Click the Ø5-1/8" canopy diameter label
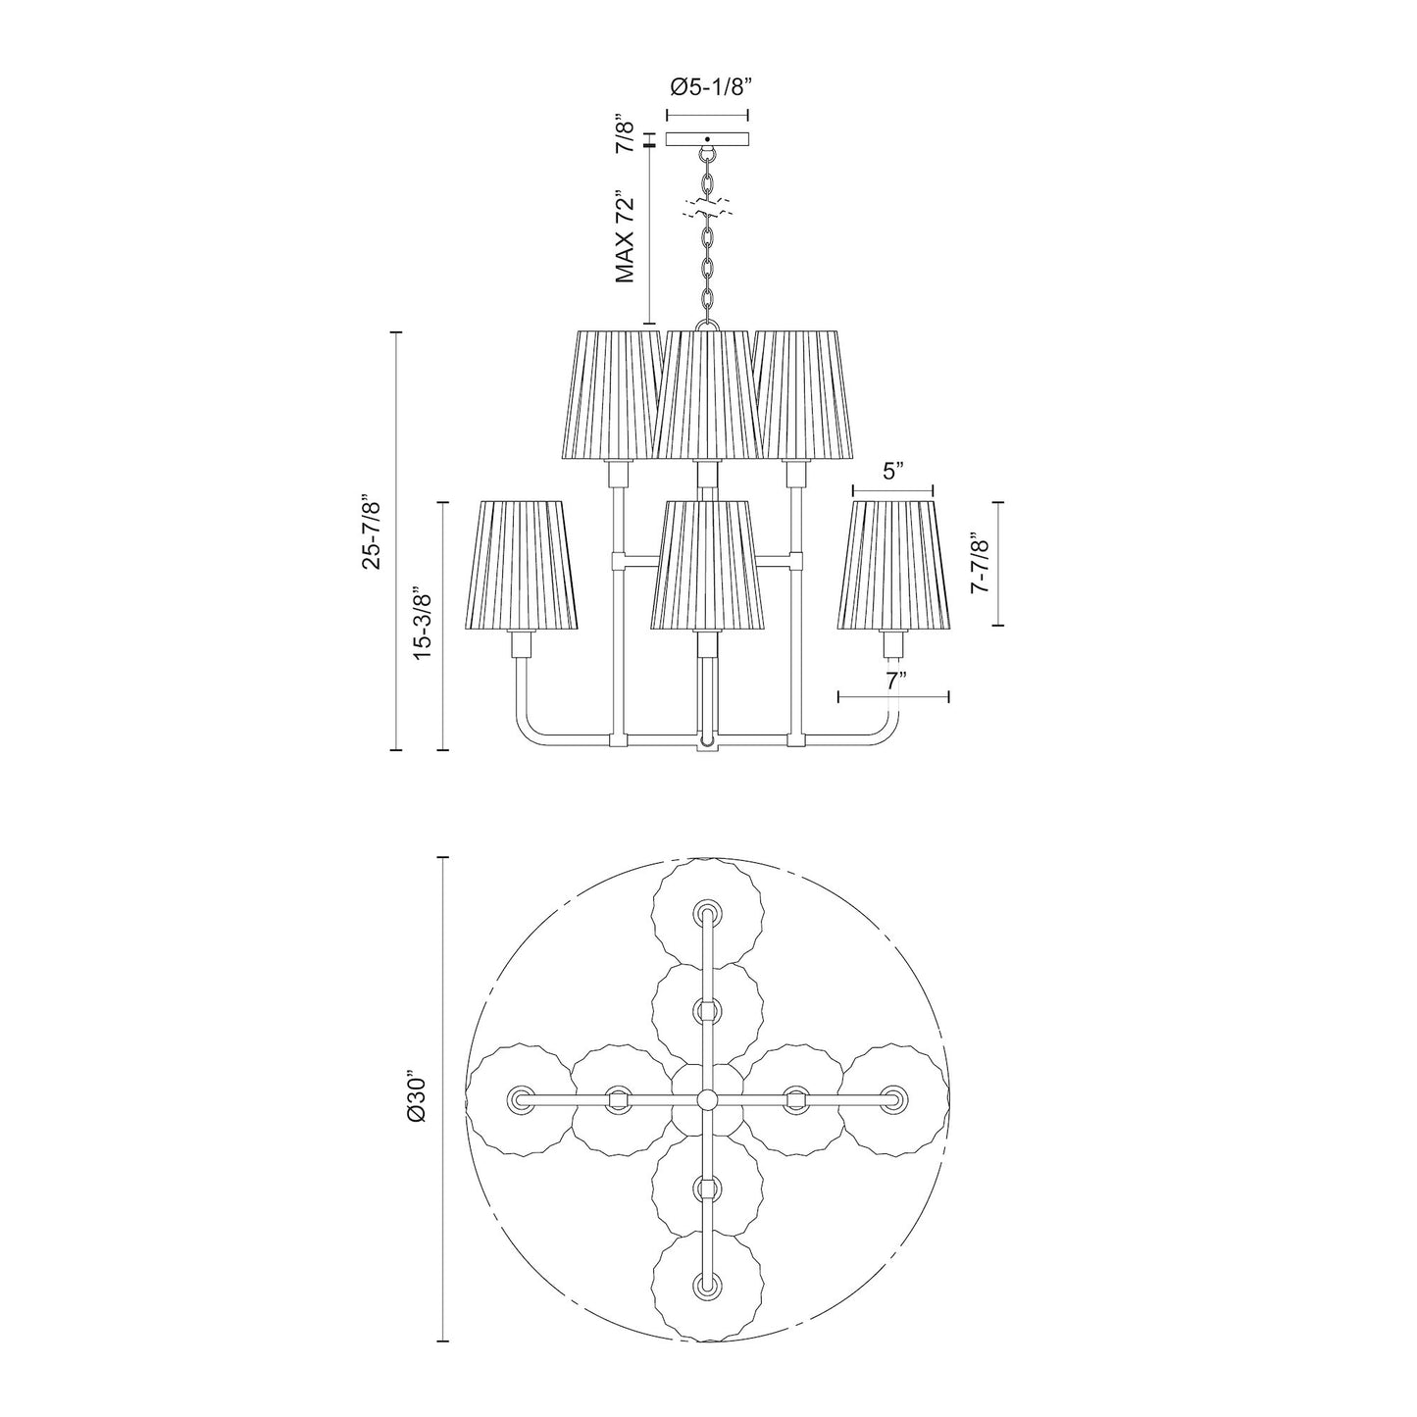710,87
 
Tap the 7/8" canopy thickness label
625,134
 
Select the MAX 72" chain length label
627,238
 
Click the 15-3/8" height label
424,625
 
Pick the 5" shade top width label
891,472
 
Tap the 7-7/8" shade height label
976,563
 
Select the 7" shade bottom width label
892,680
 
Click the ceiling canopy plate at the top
707,139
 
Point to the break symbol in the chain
707,208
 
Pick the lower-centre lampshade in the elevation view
706,566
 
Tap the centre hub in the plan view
706,1099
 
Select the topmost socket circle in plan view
706,915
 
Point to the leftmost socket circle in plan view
520,1099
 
